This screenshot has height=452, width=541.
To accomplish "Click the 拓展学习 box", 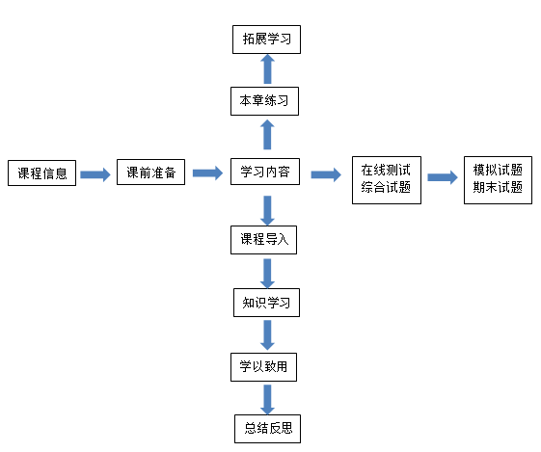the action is [x=266, y=40].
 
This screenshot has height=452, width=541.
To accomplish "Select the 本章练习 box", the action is [x=264, y=101].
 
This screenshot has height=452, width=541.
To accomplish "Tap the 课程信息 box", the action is [x=41, y=173].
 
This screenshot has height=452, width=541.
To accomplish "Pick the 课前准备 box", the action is [x=150, y=173].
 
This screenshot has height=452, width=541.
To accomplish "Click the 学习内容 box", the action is [x=265, y=172].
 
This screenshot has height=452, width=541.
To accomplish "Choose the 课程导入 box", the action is [x=263, y=240].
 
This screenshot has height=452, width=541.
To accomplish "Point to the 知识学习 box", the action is [x=266, y=303].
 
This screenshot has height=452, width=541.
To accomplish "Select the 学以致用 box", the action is [x=263, y=367].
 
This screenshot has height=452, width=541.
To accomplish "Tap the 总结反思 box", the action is [x=267, y=429].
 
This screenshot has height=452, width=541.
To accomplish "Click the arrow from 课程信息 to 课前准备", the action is [x=95, y=174].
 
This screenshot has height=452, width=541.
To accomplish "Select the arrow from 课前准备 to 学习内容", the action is [x=207, y=173].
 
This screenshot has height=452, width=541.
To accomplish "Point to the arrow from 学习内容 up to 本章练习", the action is [x=267, y=135].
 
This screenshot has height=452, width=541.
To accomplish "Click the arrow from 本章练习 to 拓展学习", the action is [x=267, y=69].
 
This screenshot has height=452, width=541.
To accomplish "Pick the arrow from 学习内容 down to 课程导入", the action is [x=267, y=211].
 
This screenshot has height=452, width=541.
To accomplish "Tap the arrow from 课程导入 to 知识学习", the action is [x=267, y=274].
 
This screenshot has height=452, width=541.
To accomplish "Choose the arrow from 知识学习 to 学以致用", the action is [x=267, y=335].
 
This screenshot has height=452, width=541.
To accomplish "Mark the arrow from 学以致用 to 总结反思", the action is [x=267, y=400].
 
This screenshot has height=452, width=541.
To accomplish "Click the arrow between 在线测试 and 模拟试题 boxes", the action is [x=443, y=177].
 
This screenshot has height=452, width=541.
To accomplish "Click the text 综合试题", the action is [x=386, y=187].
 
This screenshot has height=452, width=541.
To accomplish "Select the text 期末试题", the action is [x=498, y=187].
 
